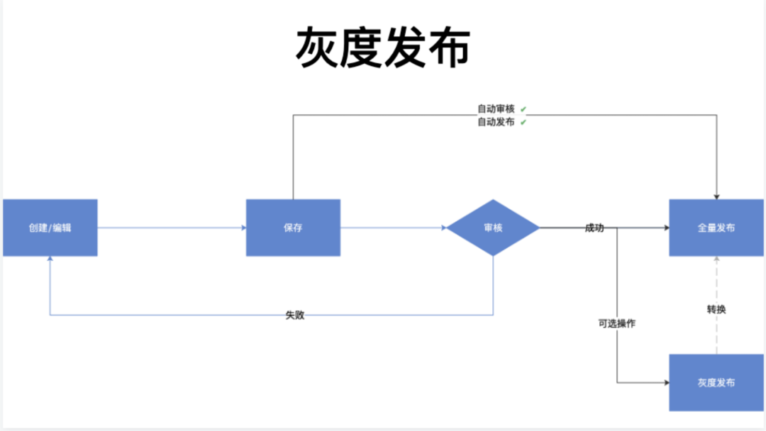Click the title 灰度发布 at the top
(x=383, y=47)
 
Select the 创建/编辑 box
(x=50, y=228)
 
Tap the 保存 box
(x=293, y=228)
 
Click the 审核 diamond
(x=493, y=228)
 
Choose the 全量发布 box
(x=716, y=228)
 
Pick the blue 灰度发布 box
(x=716, y=383)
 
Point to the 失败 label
(x=295, y=315)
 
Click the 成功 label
(x=594, y=228)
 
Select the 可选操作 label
(x=616, y=323)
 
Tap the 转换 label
(x=716, y=309)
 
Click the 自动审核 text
(x=496, y=109)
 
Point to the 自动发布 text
(x=496, y=122)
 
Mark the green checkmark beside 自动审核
(x=523, y=109)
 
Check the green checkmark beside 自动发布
(x=523, y=122)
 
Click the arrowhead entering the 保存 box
(x=243, y=228)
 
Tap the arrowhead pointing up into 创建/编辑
(x=50, y=260)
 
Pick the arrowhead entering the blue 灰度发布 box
(x=666, y=383)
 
